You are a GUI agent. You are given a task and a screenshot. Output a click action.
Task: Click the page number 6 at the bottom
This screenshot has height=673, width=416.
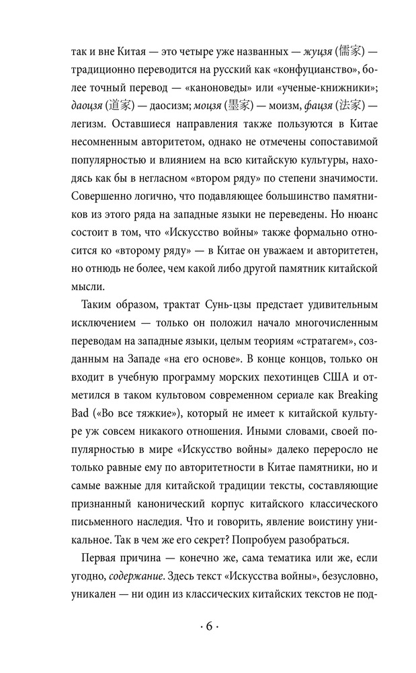[208, 627]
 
